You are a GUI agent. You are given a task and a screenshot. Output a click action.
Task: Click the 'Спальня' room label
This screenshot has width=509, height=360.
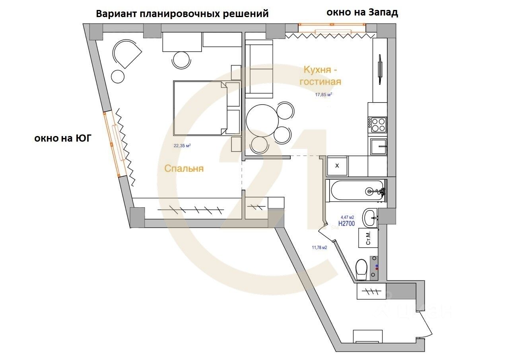[184, 169]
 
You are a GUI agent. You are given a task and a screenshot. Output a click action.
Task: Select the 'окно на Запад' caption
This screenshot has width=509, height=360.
[362, 12]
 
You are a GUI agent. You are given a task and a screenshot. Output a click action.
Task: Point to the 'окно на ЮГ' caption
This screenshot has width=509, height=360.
[63, 138]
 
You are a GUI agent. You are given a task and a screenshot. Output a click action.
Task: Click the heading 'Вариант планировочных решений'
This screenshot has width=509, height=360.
[183, 14]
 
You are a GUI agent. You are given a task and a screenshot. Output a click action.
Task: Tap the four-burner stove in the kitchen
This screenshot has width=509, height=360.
[378, 125]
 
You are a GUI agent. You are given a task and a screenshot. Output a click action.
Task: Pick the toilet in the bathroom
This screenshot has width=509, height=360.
[361, 269]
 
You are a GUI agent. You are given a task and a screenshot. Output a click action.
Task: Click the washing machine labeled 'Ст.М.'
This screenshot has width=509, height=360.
[368, 237]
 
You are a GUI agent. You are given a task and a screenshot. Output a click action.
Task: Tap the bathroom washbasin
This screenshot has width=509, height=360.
[370, 217]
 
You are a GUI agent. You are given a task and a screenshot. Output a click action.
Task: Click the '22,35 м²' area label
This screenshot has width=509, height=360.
[182, 146]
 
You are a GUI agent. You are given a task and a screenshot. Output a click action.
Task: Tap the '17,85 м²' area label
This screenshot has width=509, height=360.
[323, 95]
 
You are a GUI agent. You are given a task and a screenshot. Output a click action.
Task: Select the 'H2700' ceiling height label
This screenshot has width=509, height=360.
[346, 224]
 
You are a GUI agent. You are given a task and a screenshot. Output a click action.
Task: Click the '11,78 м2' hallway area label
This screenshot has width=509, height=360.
[319, 247]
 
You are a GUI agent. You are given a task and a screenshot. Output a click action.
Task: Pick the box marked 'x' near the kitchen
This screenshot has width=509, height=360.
[337, 165]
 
